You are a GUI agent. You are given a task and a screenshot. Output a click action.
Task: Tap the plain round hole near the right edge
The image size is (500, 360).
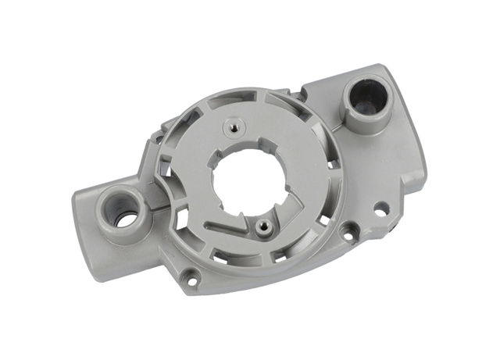(380, 209)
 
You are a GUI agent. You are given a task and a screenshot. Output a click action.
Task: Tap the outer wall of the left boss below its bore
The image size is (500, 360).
(125, 234)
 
